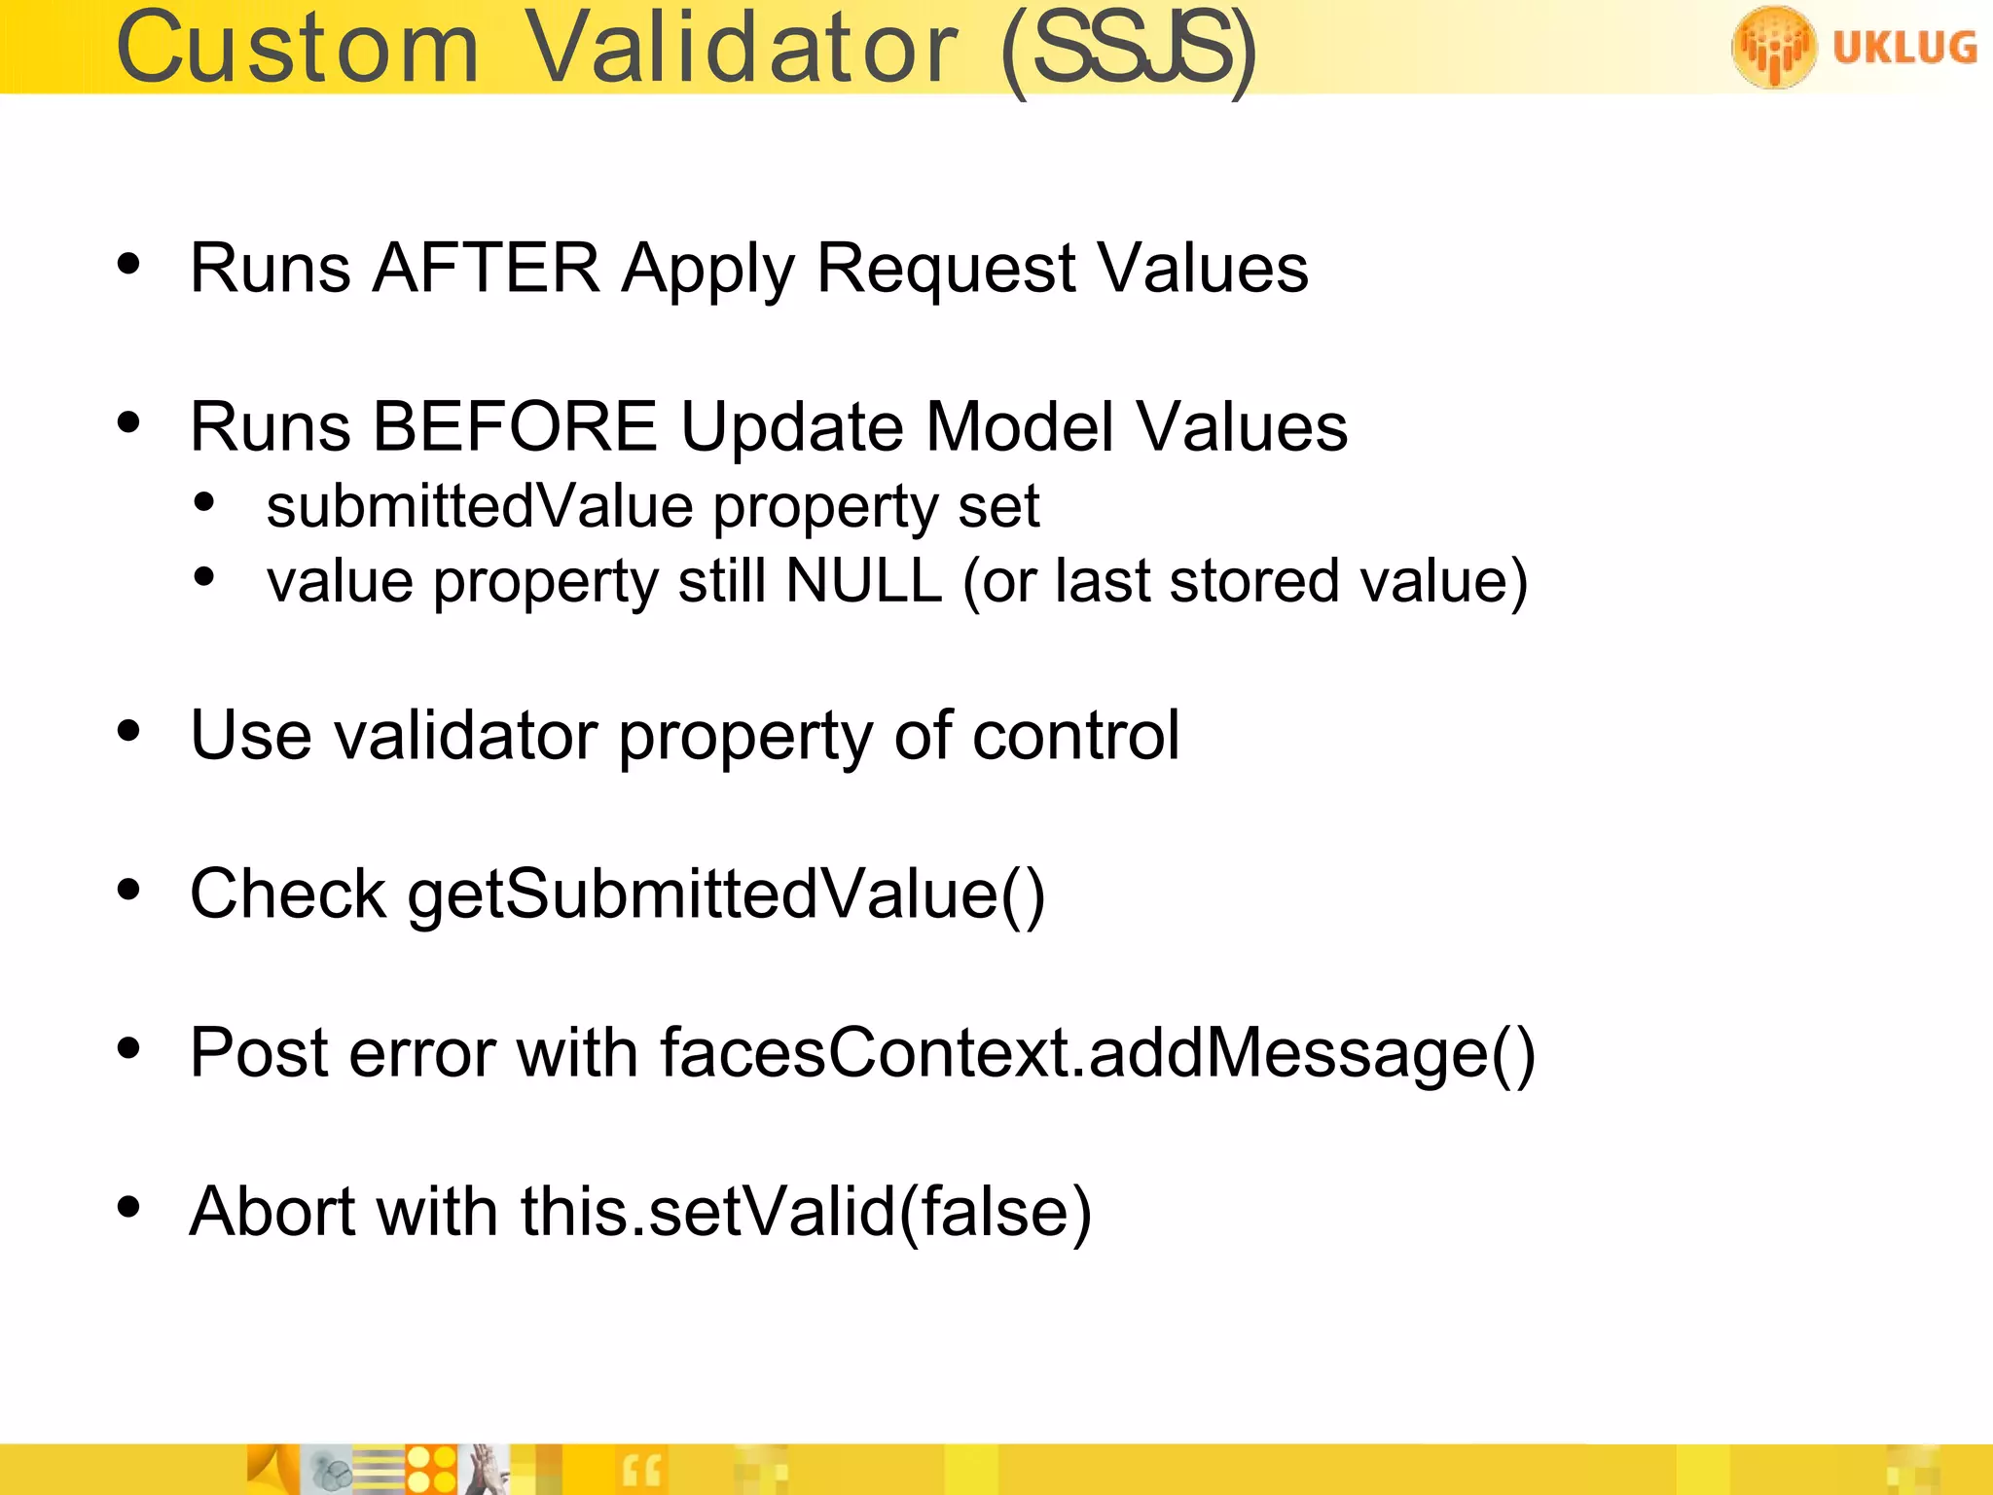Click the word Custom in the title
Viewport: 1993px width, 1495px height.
[x=298, y=49]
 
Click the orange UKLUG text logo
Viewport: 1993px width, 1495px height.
[x=1904, y=47]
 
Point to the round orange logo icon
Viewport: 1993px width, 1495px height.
[x=1773, y=46]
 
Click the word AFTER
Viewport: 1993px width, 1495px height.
[x=486, y=268]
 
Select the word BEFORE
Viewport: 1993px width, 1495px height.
[x=515, y=427]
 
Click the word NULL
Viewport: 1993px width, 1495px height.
[x=863, y=581]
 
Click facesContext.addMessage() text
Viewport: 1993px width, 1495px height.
[x=1097, y=1053]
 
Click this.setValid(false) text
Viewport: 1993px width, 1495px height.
[x=806, y=1212]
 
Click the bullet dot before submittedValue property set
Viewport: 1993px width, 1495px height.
[x=203, y=502]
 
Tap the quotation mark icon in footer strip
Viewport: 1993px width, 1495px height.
[x=641, y=1471]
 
